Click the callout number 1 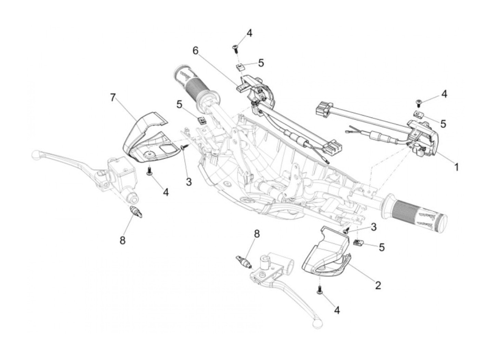pos(456,167)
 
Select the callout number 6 pos(195,51)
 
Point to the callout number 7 pos(113,98)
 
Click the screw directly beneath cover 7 pos(150,171)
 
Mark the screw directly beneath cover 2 pos(320,291)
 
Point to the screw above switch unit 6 pos(235,48)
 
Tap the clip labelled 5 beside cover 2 pos(357,243)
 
